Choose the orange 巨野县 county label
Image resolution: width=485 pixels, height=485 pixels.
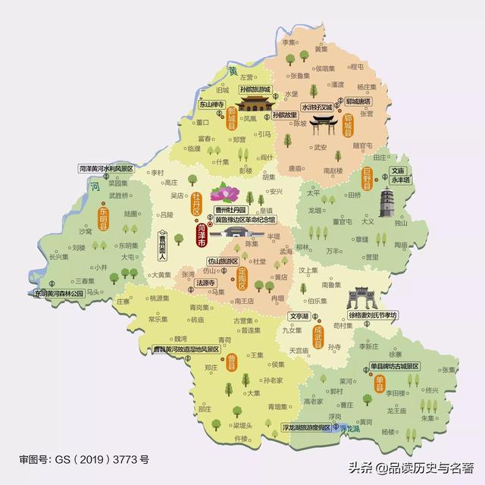pyautogui.click(x=367, y=180)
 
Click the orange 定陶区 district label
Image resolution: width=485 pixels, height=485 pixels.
pyautogui.click(x=242, y=277)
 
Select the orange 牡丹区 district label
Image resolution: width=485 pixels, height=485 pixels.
pyautogui.click(x=196, y=205)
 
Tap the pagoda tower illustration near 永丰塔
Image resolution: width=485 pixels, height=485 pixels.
pyautogui.click(x=389, y=205)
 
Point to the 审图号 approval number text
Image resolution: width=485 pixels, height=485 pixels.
pyautogui.click(x=84, y=459)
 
